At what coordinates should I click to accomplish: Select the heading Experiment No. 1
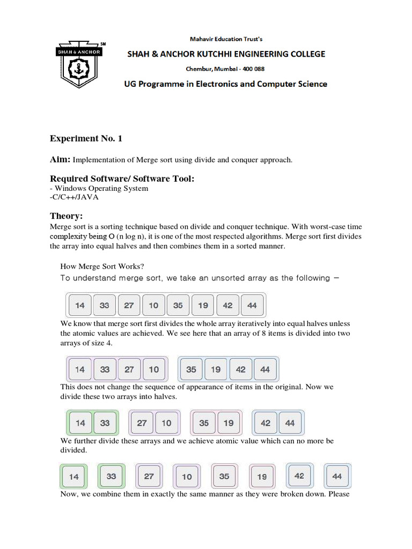coord(86,138)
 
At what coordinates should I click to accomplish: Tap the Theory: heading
coord(66,216)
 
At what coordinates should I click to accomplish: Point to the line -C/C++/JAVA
coord(74,196)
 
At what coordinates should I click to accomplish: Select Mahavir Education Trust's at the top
coord(226,39)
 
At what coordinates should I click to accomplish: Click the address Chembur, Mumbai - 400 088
coord(225,69)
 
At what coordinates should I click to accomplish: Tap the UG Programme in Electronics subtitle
coord(225,84)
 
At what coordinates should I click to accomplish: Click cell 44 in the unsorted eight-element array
coord(252,306)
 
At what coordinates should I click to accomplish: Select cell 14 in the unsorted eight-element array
coord(80,306)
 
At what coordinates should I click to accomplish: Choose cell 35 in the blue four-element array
coord(191,369)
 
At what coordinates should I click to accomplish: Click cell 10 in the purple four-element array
coord(154,369)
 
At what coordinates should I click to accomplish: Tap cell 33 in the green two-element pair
coord(105,423)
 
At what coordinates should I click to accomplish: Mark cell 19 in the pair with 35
coord(229,423)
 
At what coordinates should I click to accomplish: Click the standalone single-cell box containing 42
coord(299,476)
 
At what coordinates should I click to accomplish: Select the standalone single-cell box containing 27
coord(149,476)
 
